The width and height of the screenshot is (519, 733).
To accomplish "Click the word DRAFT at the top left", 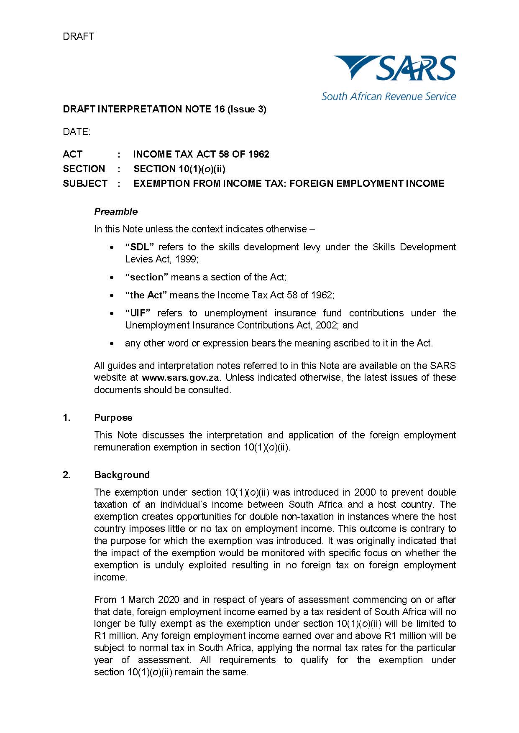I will [x=78, y=36].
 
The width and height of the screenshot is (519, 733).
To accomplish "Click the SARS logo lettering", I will [x=416, y=69].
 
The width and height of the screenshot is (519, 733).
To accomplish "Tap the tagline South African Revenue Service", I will [x=389, y=97].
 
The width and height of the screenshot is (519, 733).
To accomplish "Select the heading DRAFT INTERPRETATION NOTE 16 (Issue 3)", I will [x=164, y=109].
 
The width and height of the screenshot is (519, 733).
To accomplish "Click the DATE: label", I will [x=77, y=132].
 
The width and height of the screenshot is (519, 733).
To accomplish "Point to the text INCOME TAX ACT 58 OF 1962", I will [x=201, y=154].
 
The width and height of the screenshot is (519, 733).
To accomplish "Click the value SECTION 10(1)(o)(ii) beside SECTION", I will [x=179, y=169].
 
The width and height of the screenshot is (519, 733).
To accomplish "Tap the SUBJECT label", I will [x=85, y=183].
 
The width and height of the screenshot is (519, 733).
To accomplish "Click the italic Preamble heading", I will [x=116, y=211].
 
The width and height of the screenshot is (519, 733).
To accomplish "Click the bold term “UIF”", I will [x=138, y=313].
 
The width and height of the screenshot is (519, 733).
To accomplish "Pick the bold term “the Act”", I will [x=146, y=295].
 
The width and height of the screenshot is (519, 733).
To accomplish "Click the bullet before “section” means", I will [x=112, y=277].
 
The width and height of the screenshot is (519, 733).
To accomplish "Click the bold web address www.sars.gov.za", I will [x=181, y=377].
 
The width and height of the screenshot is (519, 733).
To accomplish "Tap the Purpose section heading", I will [x=113, y=417].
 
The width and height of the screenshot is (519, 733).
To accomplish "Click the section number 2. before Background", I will [x=66, y=475].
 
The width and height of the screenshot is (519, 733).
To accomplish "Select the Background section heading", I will [x=122, y=475].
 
